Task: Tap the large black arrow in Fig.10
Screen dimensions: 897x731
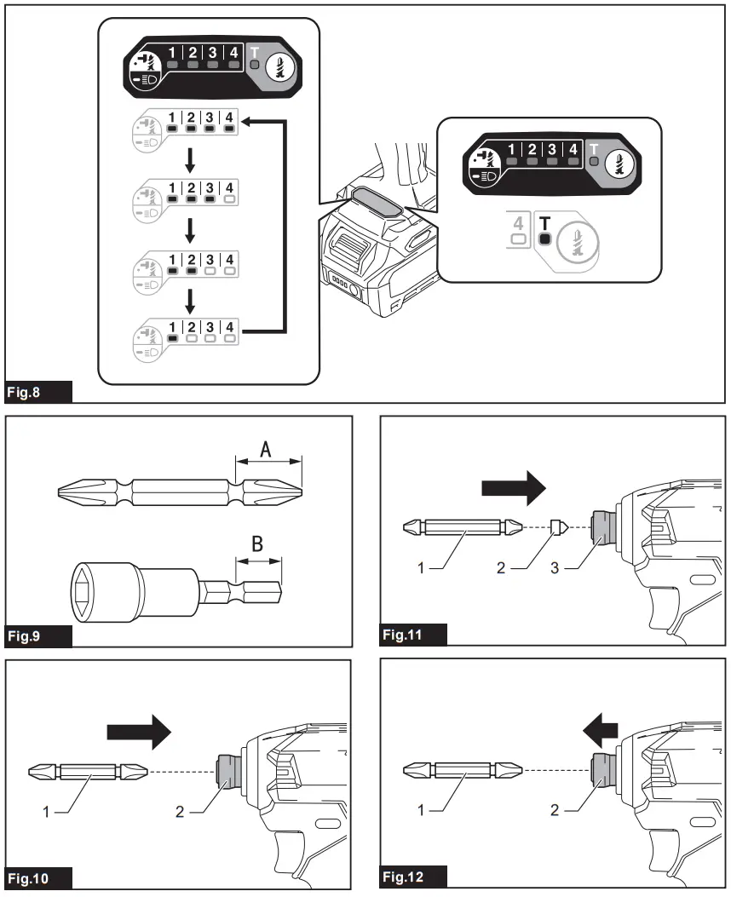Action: click(140, 731)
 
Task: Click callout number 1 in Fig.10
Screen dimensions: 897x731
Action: click(47, 811)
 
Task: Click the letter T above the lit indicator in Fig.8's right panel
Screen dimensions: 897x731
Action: click(544, 222)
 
